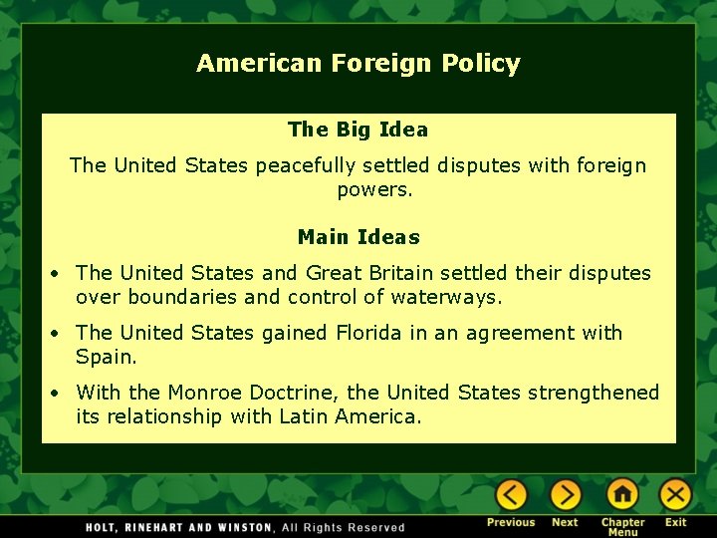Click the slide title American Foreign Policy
(358, 64)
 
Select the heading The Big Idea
(358, 130)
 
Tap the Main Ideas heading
(358, 237)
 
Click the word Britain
(400, 273)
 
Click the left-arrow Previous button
(512, 494)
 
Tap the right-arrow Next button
(566, 494)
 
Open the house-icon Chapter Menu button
(622, 494)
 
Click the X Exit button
(676, 494)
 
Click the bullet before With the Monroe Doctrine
(60, 394)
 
